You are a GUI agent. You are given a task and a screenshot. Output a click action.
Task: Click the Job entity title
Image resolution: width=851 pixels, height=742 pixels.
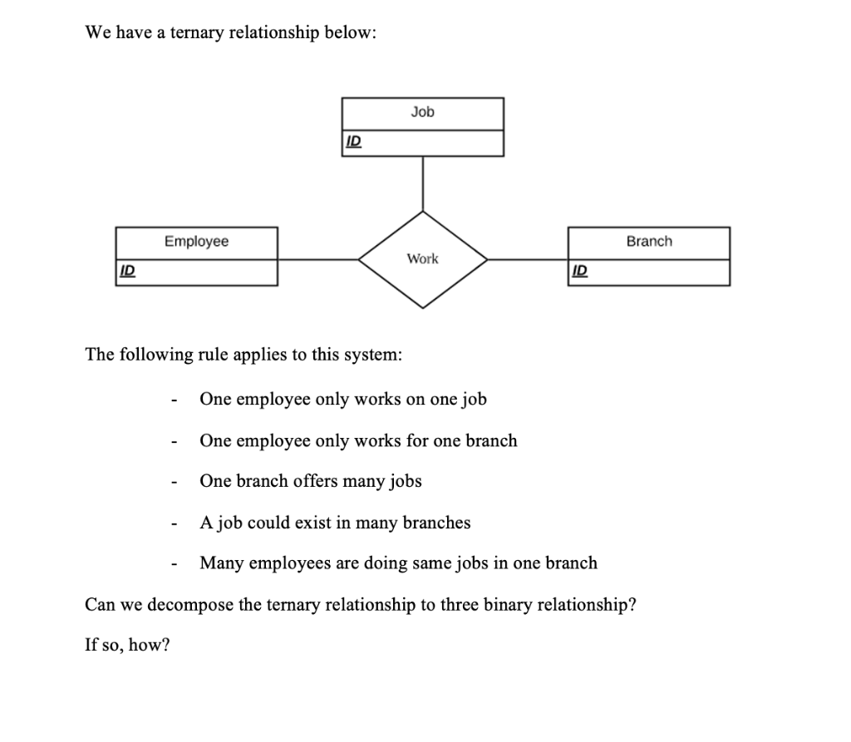422,112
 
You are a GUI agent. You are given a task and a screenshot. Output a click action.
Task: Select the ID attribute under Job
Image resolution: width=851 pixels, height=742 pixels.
352,142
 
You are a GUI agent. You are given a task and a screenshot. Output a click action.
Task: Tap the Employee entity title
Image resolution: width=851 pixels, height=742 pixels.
196,241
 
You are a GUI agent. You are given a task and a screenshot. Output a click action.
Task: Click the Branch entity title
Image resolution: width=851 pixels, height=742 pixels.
649,241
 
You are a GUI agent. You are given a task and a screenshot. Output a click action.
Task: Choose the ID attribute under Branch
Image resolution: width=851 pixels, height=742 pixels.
580,271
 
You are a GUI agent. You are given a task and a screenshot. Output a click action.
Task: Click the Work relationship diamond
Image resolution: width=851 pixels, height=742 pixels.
423,259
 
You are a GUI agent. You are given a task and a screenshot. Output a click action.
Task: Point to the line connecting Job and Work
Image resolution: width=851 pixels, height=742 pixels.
423,183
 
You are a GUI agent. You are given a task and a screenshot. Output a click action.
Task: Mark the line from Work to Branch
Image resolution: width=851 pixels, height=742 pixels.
528,259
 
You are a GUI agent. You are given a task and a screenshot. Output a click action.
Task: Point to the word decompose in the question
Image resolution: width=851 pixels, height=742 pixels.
193,604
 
